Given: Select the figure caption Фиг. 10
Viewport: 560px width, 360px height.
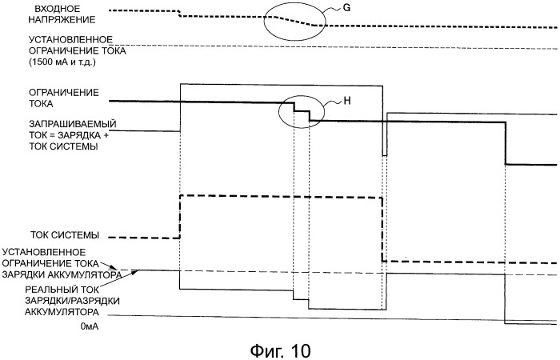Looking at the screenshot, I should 273,349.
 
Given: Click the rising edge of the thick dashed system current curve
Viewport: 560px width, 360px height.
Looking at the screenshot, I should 180,216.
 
